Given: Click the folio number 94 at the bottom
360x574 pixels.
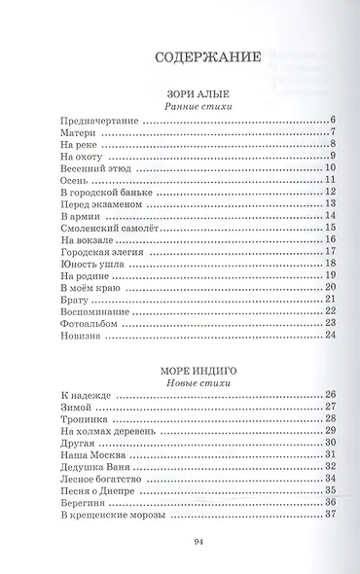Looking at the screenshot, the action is (198, 542).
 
